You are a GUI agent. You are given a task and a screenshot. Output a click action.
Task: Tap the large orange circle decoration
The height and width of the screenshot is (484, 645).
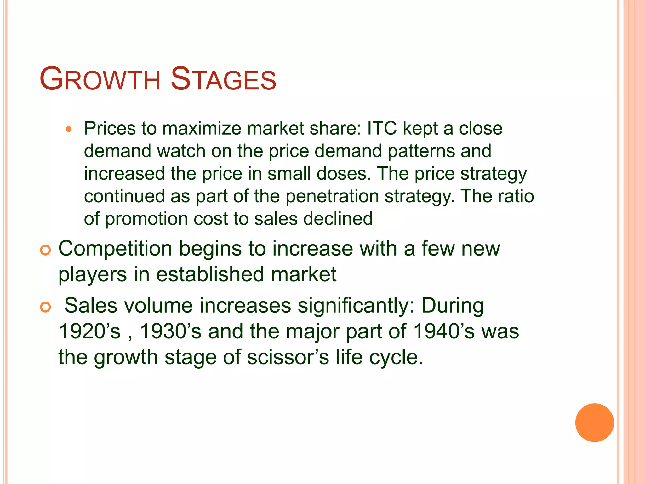594,423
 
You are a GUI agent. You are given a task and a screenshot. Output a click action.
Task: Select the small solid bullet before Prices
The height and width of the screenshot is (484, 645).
69,129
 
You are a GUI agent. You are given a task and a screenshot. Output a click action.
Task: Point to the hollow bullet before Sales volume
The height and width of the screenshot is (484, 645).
46,307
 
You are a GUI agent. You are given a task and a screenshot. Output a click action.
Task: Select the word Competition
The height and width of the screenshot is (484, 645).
115,249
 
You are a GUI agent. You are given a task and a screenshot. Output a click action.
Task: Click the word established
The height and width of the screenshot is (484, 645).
210,274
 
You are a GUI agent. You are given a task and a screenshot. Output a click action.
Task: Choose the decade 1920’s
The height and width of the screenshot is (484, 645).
90,331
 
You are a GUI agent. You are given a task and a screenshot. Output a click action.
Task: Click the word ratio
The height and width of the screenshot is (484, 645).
516,196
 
